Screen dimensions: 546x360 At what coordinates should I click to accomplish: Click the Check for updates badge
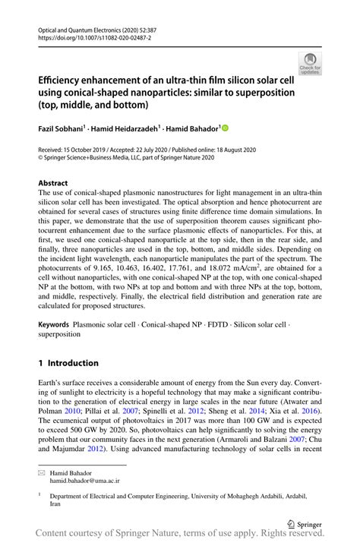point(310,62)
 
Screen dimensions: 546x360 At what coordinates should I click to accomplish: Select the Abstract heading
point(53,183)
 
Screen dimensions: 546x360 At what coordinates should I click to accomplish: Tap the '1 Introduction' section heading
point(68,363)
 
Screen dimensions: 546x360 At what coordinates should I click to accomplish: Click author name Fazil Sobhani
point(64,129)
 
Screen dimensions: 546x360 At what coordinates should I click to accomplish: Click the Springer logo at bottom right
point(304,522)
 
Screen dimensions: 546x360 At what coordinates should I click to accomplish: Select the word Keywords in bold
point(55,324)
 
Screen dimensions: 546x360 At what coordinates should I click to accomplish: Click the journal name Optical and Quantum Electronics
point(79,27)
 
